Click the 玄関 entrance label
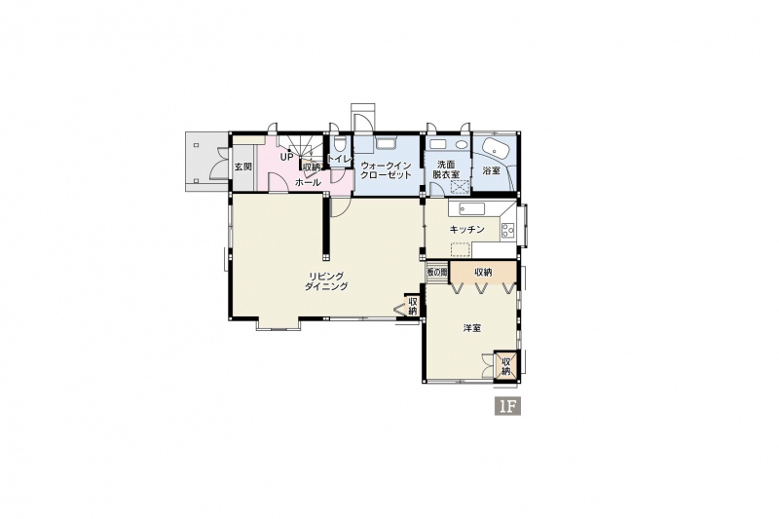pyautogui.click(x=243, y=167)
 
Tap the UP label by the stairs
pyautogui.click(x=286, y=157)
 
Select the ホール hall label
pyautogui.click(x=308, y=183)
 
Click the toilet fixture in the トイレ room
pyautogui.click(x=339, y=144)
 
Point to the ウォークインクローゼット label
pyautogui.click(x=386, y=170)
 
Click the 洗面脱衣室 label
pyautogui.click(x=446, y=168)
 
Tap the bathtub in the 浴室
pyautogui.click(x=495, y=147)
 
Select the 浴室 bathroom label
pyautogui.click(x=492, y=170)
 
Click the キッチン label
pyautogui.click(x=466, y=230)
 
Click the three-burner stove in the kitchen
pyautogui.click(x=507, y=231)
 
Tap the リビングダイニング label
pyautogui.click(x=326, y=281)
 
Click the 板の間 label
pyautogui.click(x=437, y=273)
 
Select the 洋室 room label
pyautogui.click(x=472, y=328)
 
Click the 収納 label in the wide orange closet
pyautogui.click(x=483, y=273)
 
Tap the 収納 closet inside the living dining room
pyautogui.click(x=412, y=306)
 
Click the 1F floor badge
pyautogui.click(x=507, y=406)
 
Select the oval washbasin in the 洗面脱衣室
pyautogui.click(x=462, y=144)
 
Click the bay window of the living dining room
pyautogui.click(x=278, y=324)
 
